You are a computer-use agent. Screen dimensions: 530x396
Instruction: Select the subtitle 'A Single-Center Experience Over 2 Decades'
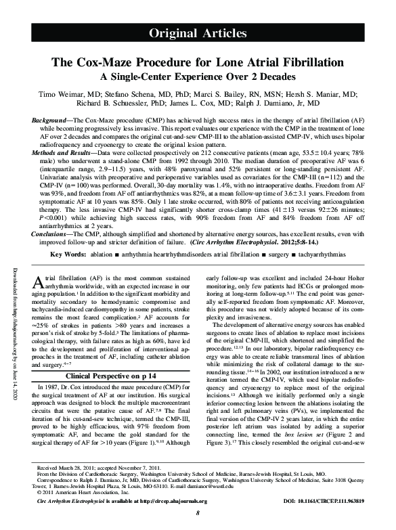pos(198,77)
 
